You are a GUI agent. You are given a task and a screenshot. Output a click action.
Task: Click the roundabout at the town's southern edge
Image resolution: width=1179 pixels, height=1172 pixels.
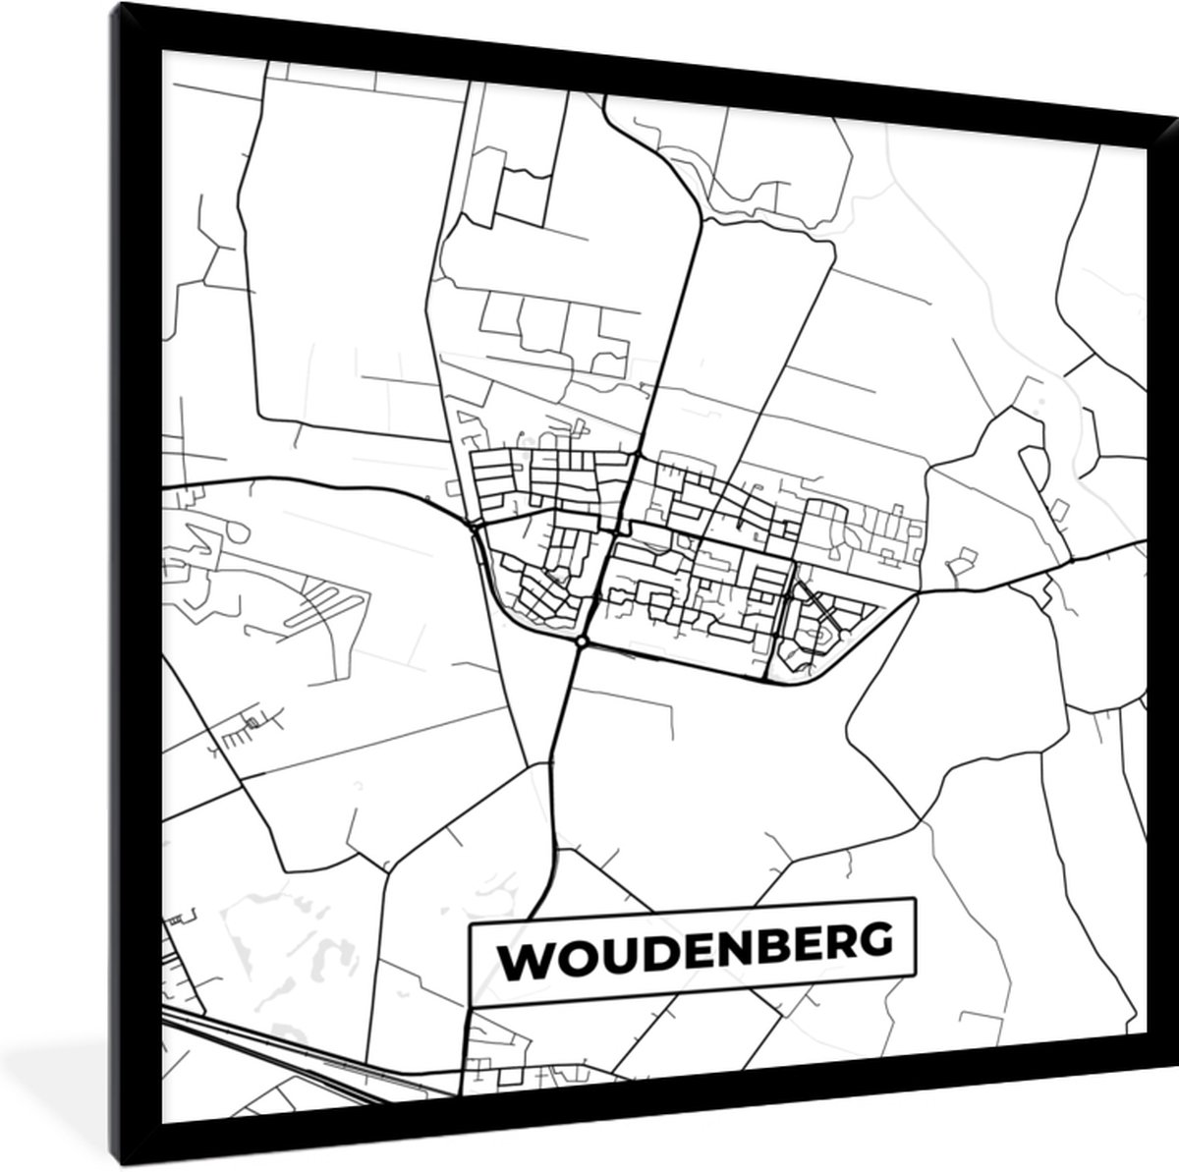click(x=583, y=642)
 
